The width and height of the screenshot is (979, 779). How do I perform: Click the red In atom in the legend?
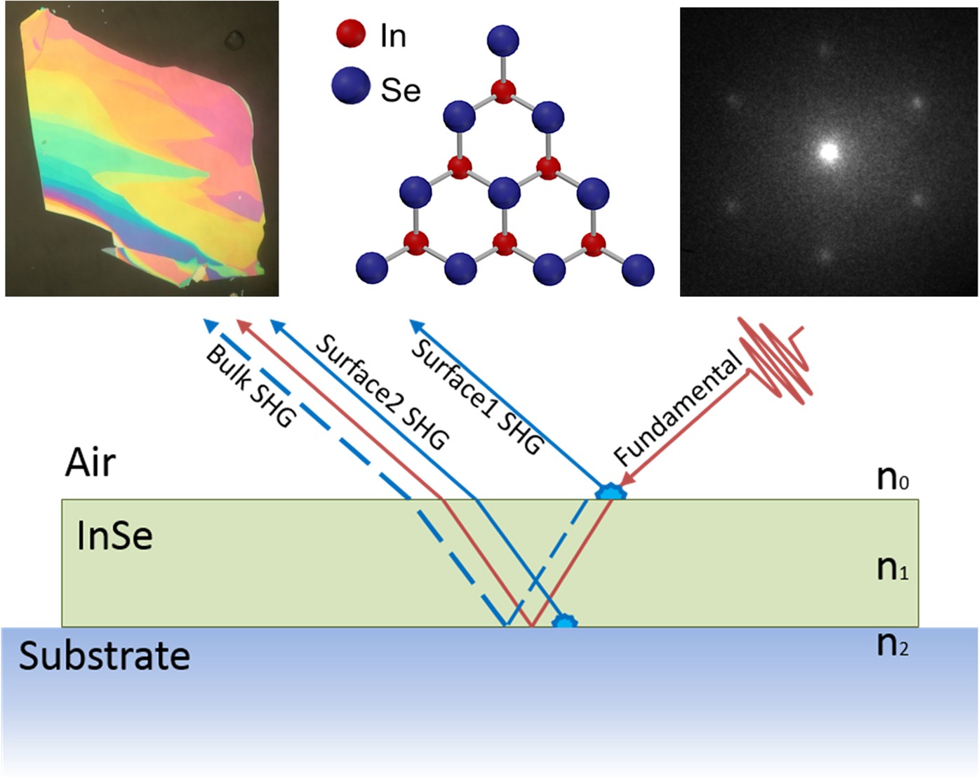coord(350,33)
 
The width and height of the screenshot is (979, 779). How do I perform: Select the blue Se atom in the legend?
coord(350,86)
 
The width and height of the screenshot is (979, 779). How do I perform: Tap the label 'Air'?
coord(91,463)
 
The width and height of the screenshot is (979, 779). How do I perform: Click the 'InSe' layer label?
coord(114,536)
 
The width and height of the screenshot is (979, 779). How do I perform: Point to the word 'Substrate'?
coord(105,656)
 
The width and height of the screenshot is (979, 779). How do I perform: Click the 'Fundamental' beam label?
coord(677,408)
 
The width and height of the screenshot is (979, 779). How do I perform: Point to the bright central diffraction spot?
coord(829,152)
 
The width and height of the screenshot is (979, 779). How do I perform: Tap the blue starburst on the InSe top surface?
coord(610,492)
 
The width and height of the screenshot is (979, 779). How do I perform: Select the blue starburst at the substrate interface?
coord(564,622)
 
